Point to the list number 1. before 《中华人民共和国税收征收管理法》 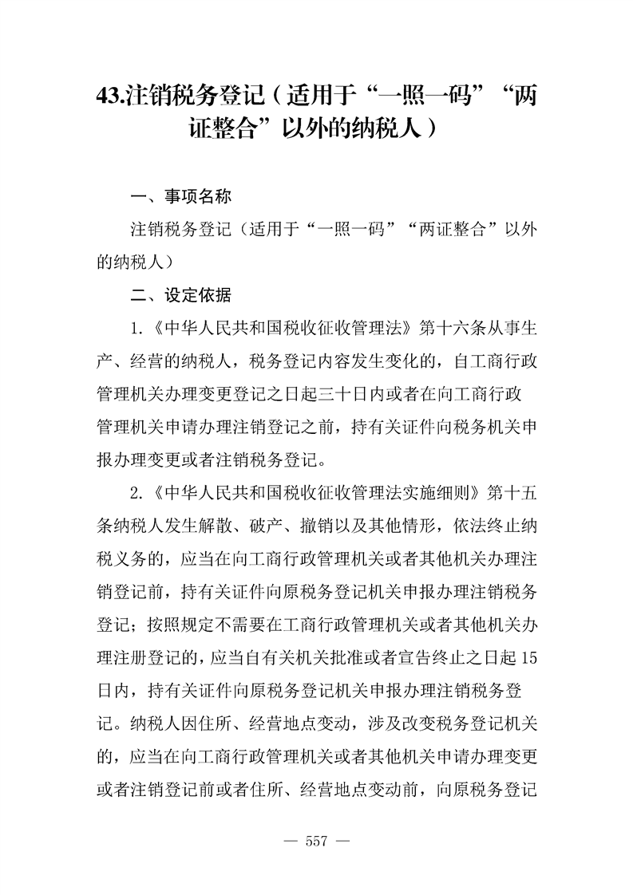[x=136, y=329]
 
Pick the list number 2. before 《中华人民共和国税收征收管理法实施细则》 [x=136, y=492]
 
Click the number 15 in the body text [x=526, y=656]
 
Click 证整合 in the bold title [x=227, y=129]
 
